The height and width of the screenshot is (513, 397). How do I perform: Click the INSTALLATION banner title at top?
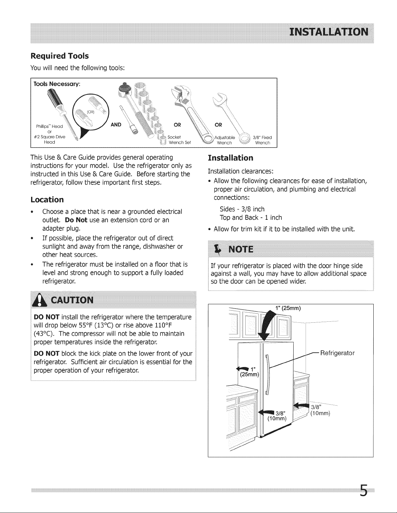point(329,32)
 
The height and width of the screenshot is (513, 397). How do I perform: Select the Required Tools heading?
point(60,56)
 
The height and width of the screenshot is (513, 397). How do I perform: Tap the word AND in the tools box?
point(116,125)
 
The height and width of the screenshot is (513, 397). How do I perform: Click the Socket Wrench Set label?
point(179,140)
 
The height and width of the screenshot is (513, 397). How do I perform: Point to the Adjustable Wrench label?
point(225,140)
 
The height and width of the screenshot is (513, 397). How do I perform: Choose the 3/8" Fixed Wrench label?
point(262,140)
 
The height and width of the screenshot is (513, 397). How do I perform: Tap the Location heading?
point(47,200)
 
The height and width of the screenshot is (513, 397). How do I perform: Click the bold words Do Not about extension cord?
point(76,220)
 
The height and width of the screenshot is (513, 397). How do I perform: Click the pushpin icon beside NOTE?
point(217,250)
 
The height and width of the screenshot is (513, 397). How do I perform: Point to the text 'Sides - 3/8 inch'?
point(242,209)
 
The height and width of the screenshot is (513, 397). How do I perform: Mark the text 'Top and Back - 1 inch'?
point(251,217)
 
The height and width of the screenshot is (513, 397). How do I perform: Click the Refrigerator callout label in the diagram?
point(337,353)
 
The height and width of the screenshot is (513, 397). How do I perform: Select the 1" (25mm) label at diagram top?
point(288,308)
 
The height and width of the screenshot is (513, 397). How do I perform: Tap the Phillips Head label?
point(49,127)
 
